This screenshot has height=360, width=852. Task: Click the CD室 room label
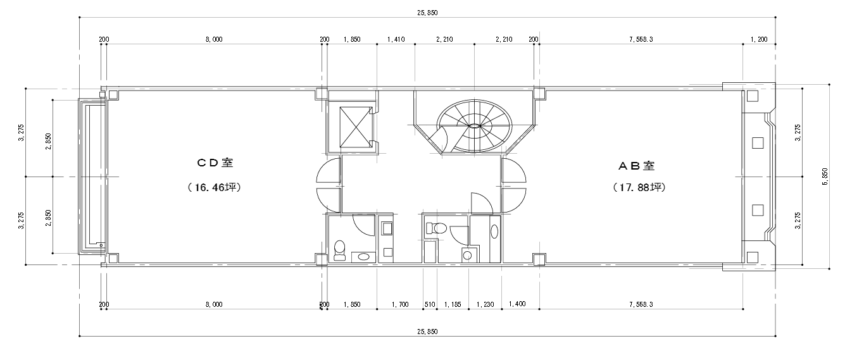pos(214,163)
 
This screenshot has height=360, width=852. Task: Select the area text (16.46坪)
pos(214,188)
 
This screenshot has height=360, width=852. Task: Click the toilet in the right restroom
pos(437,228)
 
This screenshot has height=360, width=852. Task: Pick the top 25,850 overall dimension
pos(427,13)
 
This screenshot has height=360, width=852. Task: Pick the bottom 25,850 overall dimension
pos(427,332)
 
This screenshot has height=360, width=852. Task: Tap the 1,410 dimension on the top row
pos(396,39)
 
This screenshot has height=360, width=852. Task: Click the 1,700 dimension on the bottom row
pos(399,304)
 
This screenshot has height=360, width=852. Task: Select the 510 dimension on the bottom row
pos(430,304)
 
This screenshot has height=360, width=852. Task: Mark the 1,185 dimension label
pos(452,304)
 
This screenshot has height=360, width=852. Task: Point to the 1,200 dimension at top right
pos(758,39)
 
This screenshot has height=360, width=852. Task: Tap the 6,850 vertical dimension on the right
pos(824,176)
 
